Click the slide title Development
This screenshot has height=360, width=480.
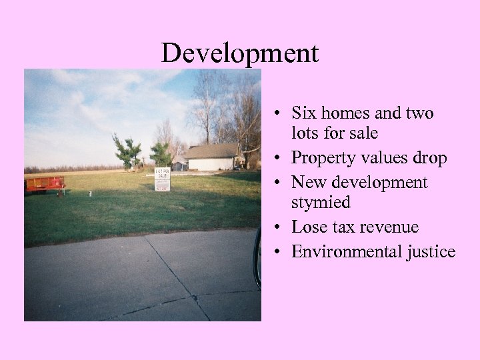(x=240, y=53)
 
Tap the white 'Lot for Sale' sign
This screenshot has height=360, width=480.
(x=162, y=179)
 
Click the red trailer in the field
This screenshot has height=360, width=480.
(x=45, y=184)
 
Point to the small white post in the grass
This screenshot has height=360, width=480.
(x=90, y=194)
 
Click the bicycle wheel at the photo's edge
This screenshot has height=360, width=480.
(x=257, y=257)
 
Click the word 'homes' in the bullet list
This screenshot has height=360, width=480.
(x=342, y=113)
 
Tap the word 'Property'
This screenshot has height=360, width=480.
(x=321, y=159)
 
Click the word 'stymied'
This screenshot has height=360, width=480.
(x=321, y=202)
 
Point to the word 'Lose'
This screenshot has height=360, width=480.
(x=308, y=227)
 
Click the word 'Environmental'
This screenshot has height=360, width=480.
(x=345, y=251)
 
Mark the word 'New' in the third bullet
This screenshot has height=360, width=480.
(x=307, y=182)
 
